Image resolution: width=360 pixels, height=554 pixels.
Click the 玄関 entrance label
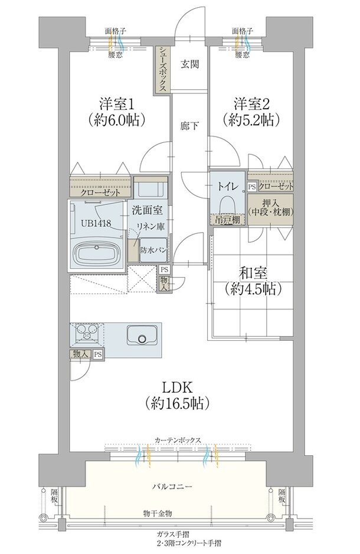[x=190, y=64]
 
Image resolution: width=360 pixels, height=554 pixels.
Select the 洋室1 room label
[x=116, y=104]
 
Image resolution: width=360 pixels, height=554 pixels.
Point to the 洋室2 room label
[x=251, y=104]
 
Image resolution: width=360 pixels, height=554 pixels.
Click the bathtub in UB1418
[x=97, y=255]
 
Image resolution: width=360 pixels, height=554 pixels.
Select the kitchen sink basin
[x=142, y=335]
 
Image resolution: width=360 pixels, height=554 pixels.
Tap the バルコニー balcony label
[x=172, y=487]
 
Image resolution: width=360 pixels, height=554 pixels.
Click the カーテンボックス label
[x=178, y=440]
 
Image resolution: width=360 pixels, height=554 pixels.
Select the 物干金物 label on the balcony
[x=158, y=513]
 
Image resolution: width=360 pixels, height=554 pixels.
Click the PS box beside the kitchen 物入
[x=99, y=354]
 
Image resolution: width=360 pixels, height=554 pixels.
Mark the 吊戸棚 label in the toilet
[x=228, y=220]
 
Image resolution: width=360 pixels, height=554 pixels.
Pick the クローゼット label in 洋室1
[x=100, y=193]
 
